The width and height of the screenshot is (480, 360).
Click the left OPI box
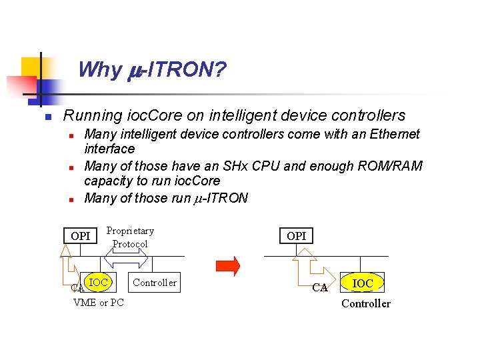(x=80, y=235)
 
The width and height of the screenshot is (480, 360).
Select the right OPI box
(x=296, y=235)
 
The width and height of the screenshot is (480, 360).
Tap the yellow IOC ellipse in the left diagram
(x=99, y=282)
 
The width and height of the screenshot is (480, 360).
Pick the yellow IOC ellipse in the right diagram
(x=363, y=283)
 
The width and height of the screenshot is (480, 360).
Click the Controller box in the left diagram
(x=155, y=283)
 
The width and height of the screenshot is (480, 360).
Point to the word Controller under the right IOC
(x=366, y=304)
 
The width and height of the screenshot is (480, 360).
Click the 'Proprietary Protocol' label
(x=130, y=237)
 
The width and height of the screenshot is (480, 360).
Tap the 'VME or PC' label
(x=99, y=303)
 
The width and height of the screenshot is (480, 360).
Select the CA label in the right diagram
(x=320, y=288)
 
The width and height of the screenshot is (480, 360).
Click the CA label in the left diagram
(x=77, y=289)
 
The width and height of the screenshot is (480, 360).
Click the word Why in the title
(x=99, y=69)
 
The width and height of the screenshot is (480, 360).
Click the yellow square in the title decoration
(x=31, y=67)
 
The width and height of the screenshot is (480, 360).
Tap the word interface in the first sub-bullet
(x=109, y=148)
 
